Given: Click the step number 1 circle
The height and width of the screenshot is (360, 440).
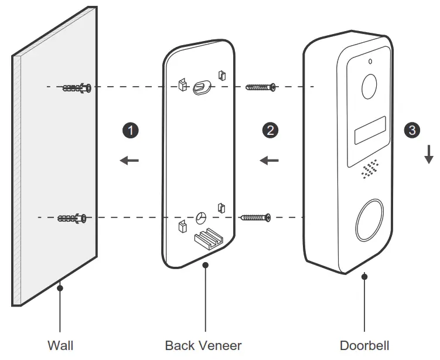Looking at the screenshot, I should click(x=133, y=130).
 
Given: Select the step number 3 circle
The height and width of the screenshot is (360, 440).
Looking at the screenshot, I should click(x=412, y=130).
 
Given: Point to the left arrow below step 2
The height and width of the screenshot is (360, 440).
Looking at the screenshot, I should click(x=269, y=159).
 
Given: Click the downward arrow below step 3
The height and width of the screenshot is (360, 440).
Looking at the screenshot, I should click(x=429, y=154).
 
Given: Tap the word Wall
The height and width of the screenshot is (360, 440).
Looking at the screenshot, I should click(x=60, y=345).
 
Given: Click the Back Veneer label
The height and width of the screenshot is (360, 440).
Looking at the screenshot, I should click(x=203, y=345).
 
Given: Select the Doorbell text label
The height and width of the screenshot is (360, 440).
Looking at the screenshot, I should click(x=364, y=345).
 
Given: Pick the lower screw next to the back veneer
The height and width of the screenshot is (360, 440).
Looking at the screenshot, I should click(x=255, y=218).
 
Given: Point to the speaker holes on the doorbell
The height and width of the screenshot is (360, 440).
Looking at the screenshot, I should click(x=368, y=169).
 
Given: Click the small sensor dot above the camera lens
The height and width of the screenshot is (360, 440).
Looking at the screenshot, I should click(x=370, y=62).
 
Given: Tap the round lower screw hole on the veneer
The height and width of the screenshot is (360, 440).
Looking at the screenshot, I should click(x=201, y=218).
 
